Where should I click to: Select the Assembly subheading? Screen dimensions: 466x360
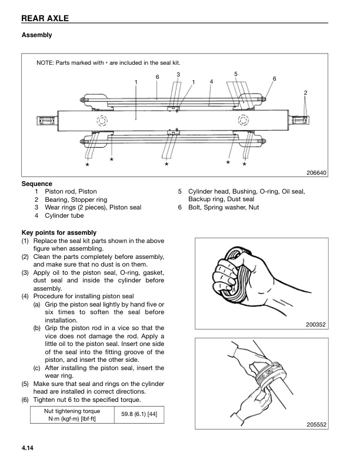point(36,35)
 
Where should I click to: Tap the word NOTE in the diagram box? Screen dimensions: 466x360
point(45,62)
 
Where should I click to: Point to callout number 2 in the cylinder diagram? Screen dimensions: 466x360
point(305,93)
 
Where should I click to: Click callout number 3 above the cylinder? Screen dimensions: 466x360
point(178,74)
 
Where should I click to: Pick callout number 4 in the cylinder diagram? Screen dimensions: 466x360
point(211,81)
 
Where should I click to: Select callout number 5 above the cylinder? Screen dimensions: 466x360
point(235,74)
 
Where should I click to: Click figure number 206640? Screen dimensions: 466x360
point(316,173)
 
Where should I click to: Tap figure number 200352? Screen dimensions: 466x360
point(316,324)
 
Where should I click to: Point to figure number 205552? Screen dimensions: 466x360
point(316,425)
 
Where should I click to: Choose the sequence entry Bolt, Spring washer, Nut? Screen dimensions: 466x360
point(223,207)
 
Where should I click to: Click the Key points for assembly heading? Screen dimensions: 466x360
point(59,233)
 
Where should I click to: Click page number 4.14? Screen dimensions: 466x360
point(29,450)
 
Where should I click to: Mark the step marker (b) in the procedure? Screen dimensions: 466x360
point(36,327)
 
